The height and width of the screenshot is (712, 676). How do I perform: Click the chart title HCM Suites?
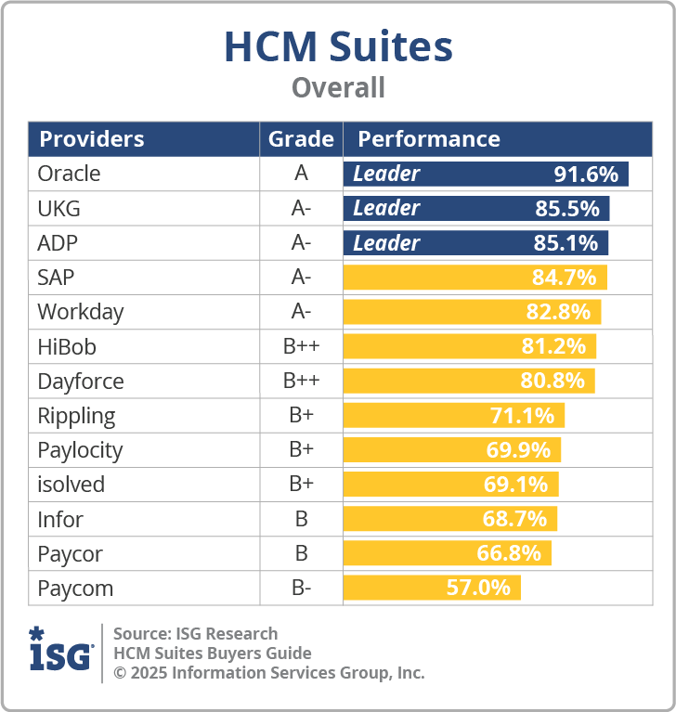[x=338, y=47]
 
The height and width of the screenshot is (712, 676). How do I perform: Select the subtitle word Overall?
[x=338, y=88]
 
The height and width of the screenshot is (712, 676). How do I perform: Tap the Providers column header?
[x=92, y=139]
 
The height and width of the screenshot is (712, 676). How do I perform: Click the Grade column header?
[x=301, y=139]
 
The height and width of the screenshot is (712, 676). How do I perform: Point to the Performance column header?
[x=429, y=139]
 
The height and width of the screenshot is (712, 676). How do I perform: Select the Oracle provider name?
[x=69, y=174]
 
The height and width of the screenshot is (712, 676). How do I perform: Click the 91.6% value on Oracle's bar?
[x=586, y=174]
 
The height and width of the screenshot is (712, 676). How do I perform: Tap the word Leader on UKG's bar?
[x=386, y=208]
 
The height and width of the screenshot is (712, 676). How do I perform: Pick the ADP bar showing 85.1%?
[x=475, y=243]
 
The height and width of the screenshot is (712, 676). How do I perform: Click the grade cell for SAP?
[x=301, y=278]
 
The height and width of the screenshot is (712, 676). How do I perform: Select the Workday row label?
[x=81, y=312]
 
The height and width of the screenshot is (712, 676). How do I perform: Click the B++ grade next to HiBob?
[x=301, y=346]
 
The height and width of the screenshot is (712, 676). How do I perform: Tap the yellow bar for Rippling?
[x=453, y=415]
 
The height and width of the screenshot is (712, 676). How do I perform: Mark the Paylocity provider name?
[x=80, y=450]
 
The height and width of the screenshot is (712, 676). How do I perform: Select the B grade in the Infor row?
[x=301, y=519]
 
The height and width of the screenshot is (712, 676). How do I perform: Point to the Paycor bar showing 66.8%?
[x=447, y=553]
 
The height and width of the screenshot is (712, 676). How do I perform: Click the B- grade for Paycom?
[x=301, y=588]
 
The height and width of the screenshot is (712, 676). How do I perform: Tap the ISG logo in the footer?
[x=61, y=649]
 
